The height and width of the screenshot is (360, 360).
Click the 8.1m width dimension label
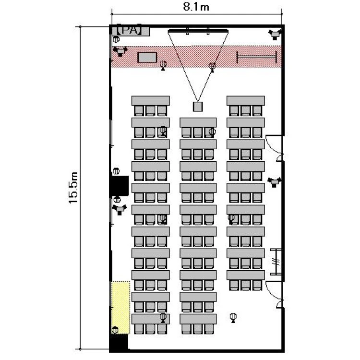(x=196, y=7)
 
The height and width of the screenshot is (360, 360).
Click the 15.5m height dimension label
(x=74, y=187)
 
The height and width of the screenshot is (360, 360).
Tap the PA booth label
(x=130, y=30)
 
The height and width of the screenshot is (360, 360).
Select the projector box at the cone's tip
(x=198, y=107)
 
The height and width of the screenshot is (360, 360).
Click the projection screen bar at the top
(x=198, y=31)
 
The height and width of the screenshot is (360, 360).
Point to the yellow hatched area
(x=120, y=307)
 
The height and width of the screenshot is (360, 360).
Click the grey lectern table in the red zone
(x=147, y=58)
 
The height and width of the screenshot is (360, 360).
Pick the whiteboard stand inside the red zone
(x=257, y=57)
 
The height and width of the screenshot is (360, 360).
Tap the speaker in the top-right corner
(x=275, y=34)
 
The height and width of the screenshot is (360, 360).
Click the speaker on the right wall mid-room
(x=274, y=182)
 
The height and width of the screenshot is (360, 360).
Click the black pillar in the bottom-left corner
(x=119, y=343)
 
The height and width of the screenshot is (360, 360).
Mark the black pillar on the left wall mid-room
(x=120, y=186)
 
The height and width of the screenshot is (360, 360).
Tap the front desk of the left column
(x=151, y=101)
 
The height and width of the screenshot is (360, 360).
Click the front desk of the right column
(x=246, y=101)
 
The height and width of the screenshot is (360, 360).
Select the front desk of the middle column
(x=198, y=122)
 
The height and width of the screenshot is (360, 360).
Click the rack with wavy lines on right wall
(x=276, y=262)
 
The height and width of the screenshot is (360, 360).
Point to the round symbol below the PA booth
(x=116, y=39)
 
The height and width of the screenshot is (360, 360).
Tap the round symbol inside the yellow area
(x=115, y=330)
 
